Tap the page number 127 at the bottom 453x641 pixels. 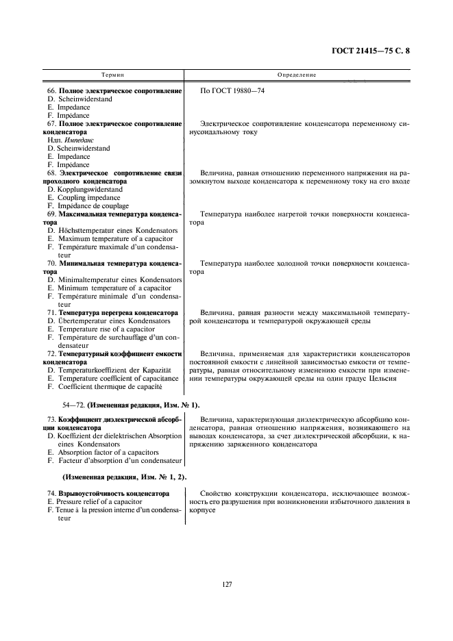(228, 584)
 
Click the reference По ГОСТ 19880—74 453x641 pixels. (232, 91)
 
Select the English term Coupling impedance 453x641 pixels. (86, 197)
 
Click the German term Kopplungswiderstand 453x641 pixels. (89, 189)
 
